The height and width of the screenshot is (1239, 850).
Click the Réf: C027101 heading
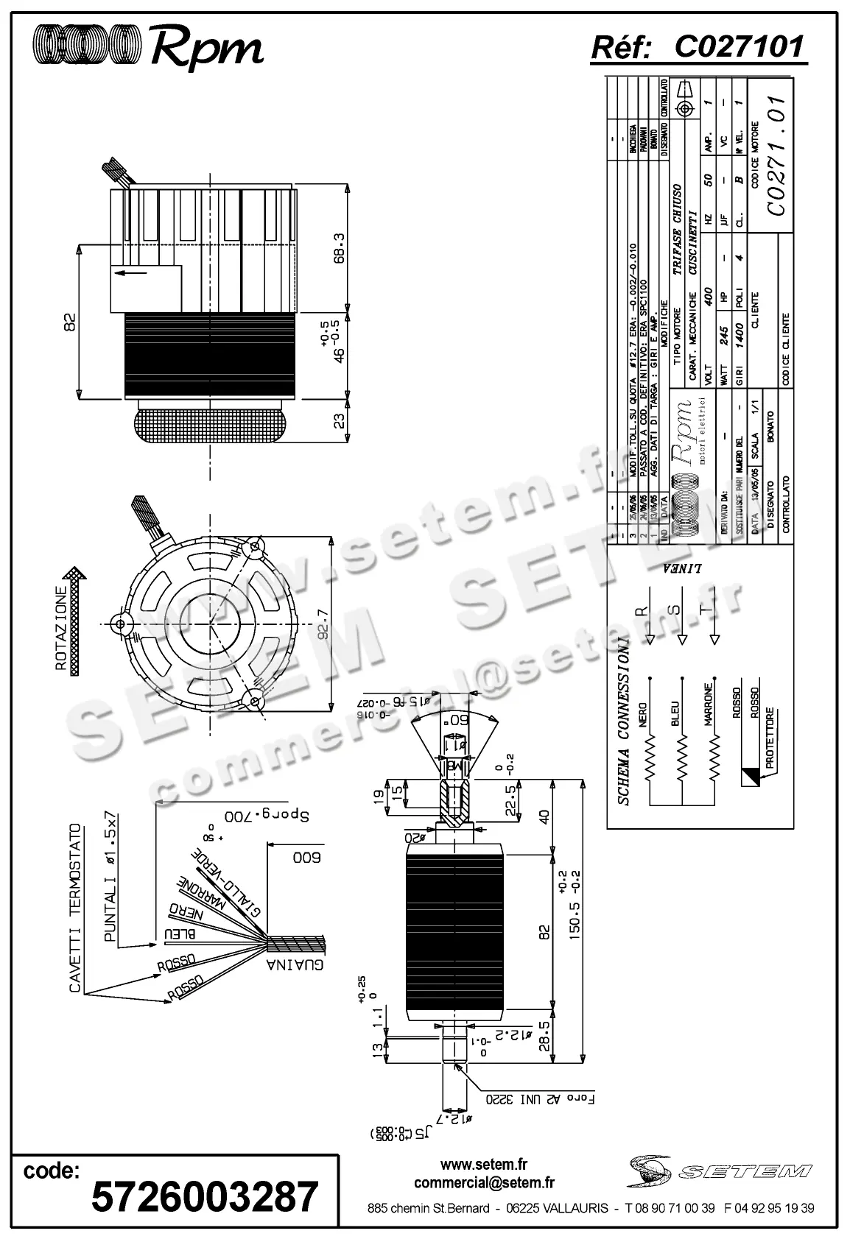[x=698, y=48]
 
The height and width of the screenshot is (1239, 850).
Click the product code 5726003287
[x=205, y=1196]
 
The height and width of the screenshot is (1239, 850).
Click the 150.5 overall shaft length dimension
[x=575, y=903]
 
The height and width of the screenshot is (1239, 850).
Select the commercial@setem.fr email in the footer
[x=484, y=1183]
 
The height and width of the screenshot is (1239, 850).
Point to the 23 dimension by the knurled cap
[x=339, y=421]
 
